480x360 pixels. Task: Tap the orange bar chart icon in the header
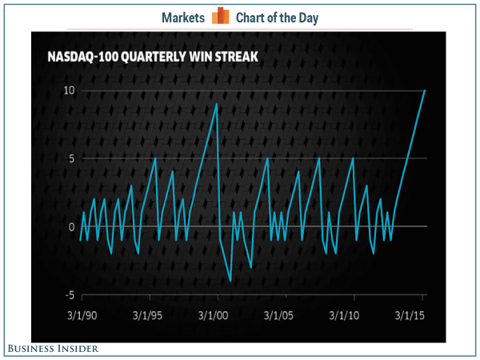tap(222, 17)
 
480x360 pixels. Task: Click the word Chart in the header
tap(253, 17)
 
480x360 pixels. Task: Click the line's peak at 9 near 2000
tap(217, 104)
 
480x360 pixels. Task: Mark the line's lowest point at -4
tap(230, 281)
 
